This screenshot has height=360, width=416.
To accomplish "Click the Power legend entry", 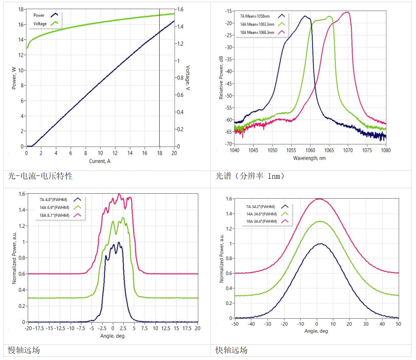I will click(39, 15).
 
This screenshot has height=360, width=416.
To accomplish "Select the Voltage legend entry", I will click(40, 24).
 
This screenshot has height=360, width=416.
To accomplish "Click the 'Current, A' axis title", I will click(100, 161).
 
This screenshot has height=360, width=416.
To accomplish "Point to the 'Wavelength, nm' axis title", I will click(310, 158).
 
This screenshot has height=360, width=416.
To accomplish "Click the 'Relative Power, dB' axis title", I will click(221, 78).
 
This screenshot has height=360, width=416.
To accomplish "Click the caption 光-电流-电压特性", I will click(41, 176).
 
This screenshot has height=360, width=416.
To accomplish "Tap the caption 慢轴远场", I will click(24, 350).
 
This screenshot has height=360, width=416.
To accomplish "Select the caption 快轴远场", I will click(232, 350).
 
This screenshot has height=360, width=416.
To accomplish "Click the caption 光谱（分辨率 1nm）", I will click(250, 176).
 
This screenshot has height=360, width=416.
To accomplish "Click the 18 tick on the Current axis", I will click(159, 153).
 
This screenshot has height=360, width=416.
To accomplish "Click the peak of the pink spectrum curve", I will click(347, 12).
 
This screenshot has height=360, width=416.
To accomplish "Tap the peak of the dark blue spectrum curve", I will click(305, 17).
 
